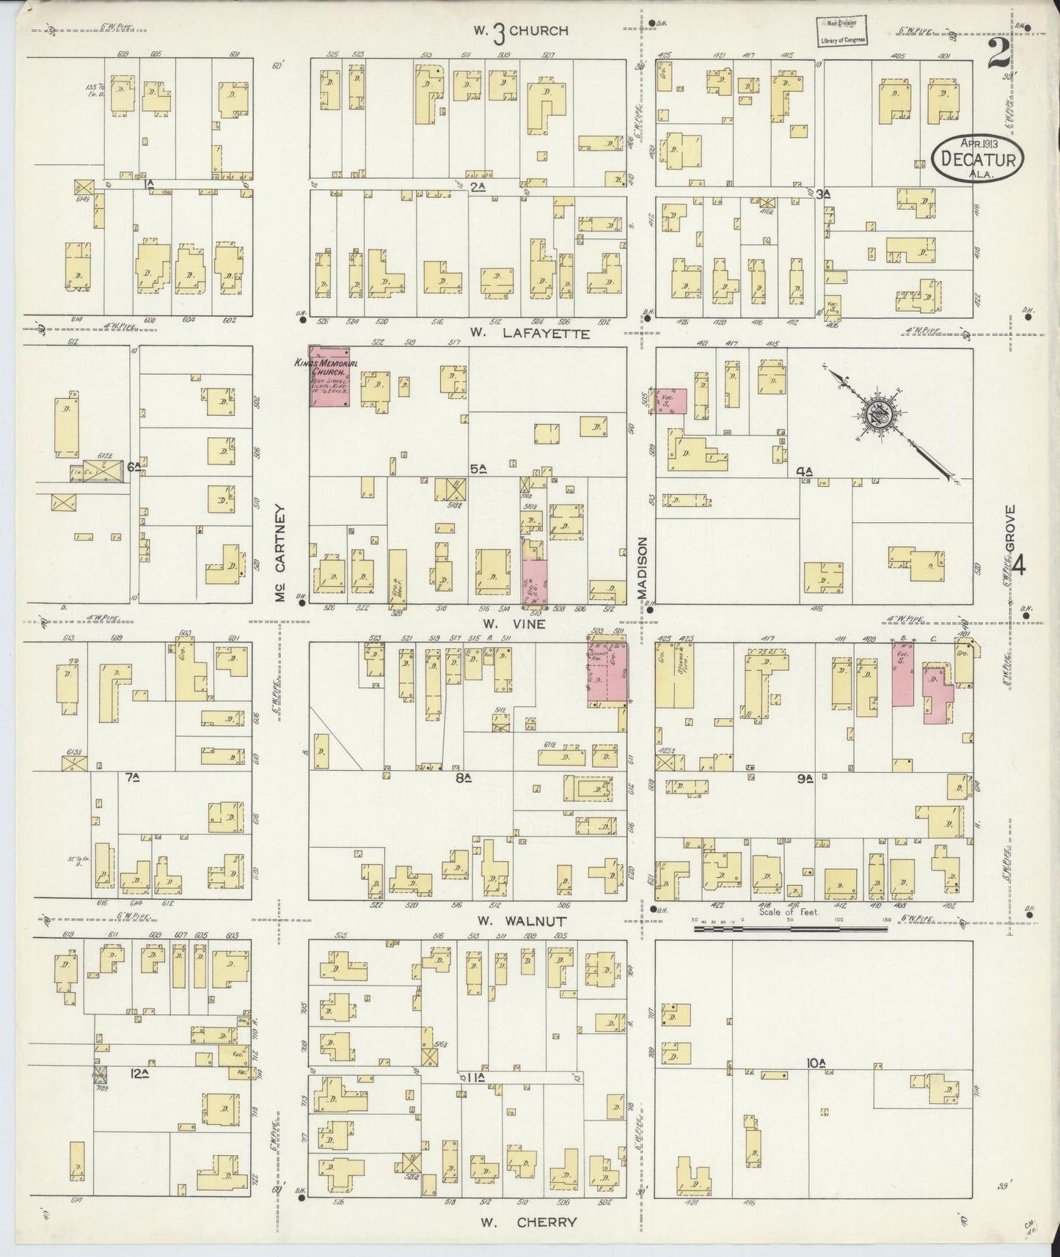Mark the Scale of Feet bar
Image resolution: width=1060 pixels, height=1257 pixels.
click(791, 929)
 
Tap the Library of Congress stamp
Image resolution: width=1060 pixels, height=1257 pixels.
click(842, 32)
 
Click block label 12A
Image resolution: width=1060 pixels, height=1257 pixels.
click(139, 1073)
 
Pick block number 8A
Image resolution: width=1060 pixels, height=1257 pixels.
click(461, 779)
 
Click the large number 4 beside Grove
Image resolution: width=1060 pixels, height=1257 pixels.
click(1020, 565)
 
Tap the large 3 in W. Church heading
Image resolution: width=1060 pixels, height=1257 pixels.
click(499, 31)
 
